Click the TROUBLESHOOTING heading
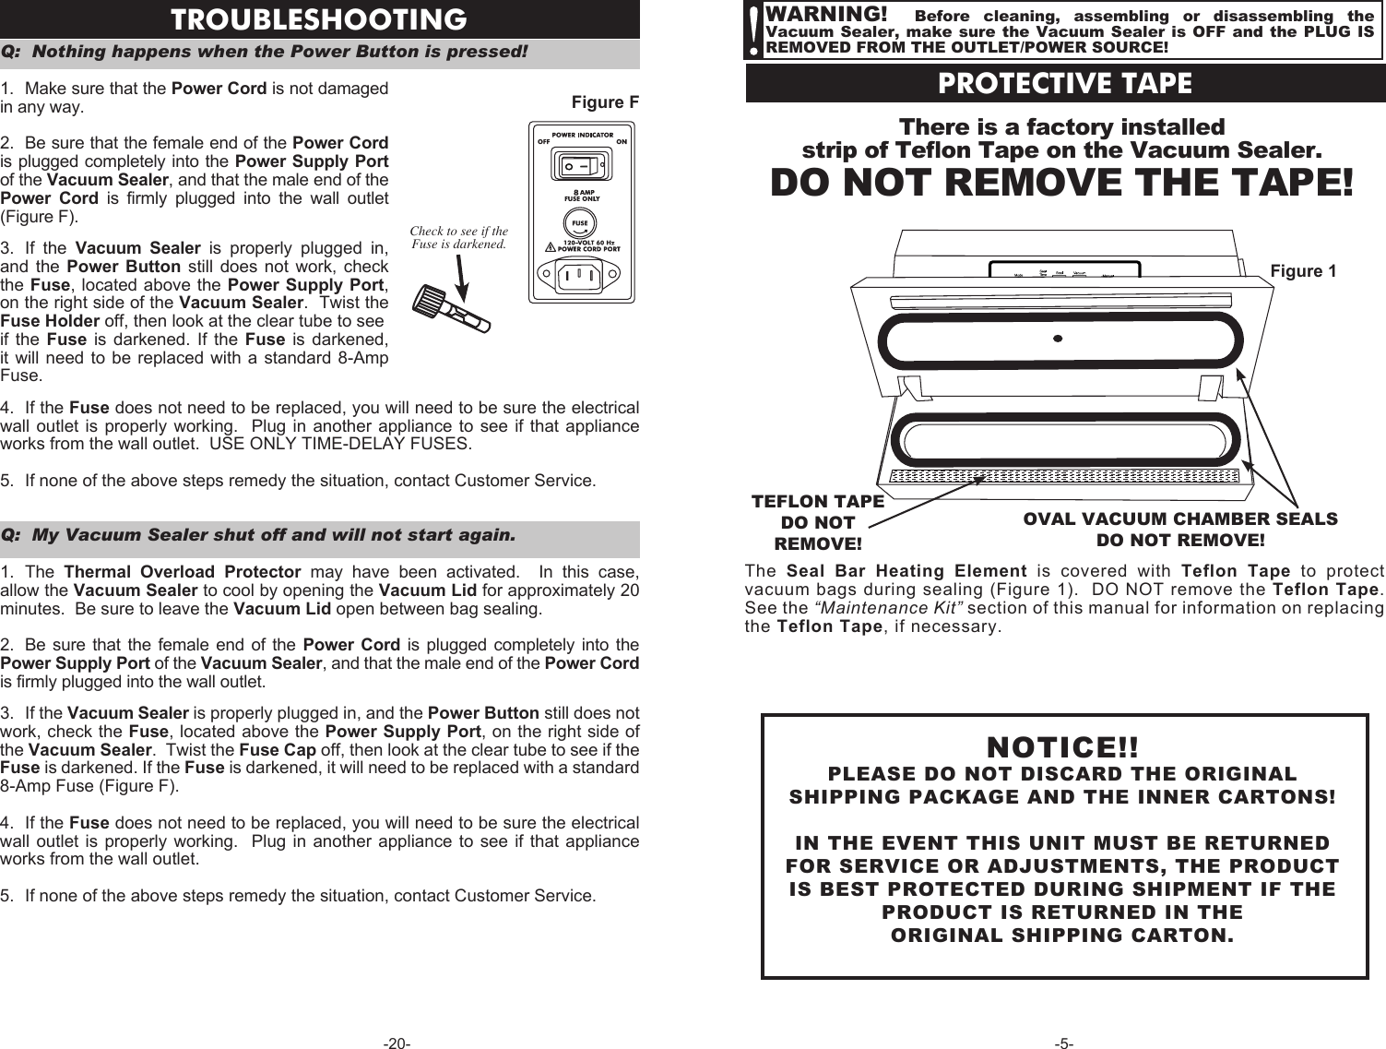point(319,19)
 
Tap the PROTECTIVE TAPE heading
point(1064,84)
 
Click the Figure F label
point(605,101)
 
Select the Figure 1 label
point(1302,270)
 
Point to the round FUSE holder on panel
point(580,224)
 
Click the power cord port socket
point(580,274)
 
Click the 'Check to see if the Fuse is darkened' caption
point(459,238)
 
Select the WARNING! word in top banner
point(826,15)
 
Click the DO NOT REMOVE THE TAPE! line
point(1062,183)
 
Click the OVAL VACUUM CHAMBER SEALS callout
point(1179,529)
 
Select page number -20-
point(397,1043)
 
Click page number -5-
point(1063,1043)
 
